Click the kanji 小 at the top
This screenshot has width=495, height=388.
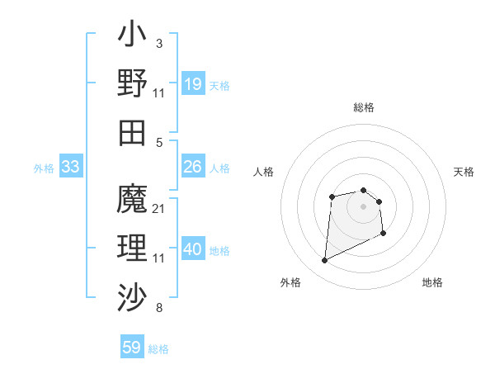point(133,36)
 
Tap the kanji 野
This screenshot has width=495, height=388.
point(133,83)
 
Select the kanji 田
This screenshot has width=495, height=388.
point(133,132)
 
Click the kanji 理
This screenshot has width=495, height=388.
point(133,248)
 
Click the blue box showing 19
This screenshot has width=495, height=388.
point(193,84)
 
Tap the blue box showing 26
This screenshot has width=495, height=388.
point(193,168)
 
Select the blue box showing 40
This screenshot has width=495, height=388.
point(193,250)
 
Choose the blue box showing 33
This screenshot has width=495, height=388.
point(71,168)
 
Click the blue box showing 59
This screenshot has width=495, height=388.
point(132,348)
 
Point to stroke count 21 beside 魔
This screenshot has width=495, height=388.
point(159,209)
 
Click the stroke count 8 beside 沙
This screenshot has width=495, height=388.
point(158,309)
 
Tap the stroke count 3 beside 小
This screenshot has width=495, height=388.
point(158,43)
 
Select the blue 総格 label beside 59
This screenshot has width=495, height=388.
point(158,349)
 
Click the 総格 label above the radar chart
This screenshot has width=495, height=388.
point(364,107)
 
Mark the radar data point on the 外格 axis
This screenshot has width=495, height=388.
point(324,261)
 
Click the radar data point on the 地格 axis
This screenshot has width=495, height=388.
point(384,234)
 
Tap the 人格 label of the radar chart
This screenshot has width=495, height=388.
point(264,173)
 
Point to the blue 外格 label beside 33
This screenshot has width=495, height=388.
point(44,168)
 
